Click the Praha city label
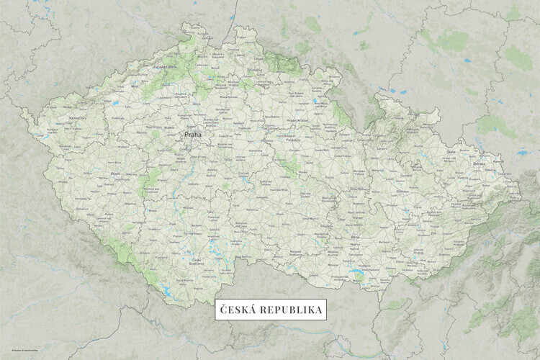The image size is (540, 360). pyautogui.click(x=193, y=134)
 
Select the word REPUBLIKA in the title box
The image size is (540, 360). pyautogui.click(x=289, y=310)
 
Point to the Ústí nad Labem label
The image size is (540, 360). pyautogui.click(x=163, y=67)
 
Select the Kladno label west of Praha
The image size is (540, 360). pyautogui.click(x=170, y=124)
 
